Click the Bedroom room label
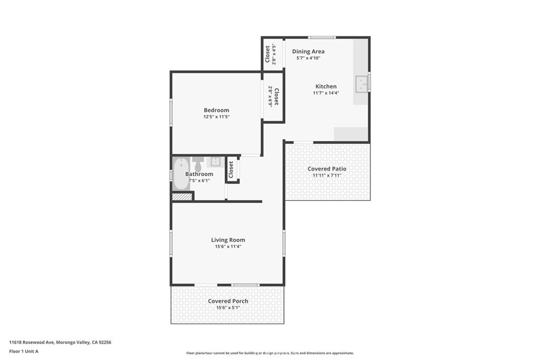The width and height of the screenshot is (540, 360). [216, 110]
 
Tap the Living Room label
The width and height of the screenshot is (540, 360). [228, 240]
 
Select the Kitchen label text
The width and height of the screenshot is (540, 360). [326, 86]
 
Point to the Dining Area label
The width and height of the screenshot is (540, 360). [308, 51]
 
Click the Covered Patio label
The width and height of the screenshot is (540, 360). [327, 169]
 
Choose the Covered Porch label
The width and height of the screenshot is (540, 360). [228, 301]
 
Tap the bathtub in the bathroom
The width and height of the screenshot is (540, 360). [181, 173]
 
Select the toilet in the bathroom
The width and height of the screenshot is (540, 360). [198, 164]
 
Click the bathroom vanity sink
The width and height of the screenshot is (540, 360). [216, 161]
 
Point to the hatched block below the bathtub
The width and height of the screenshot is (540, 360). [182, 197]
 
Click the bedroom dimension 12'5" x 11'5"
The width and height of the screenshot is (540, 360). [216, 116]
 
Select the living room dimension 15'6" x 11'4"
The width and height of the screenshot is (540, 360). [228, 247]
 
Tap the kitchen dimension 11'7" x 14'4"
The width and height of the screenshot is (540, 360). [326, 93]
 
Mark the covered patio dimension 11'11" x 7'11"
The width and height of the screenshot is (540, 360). [327, 175]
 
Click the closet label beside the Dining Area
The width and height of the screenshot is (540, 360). [267, 54]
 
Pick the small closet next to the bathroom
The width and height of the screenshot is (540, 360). [232, 169]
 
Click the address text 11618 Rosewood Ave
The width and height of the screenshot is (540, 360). [32, 343]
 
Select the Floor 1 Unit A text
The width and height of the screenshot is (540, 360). [24, 352]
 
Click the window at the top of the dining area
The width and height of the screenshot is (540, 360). [322, 37]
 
